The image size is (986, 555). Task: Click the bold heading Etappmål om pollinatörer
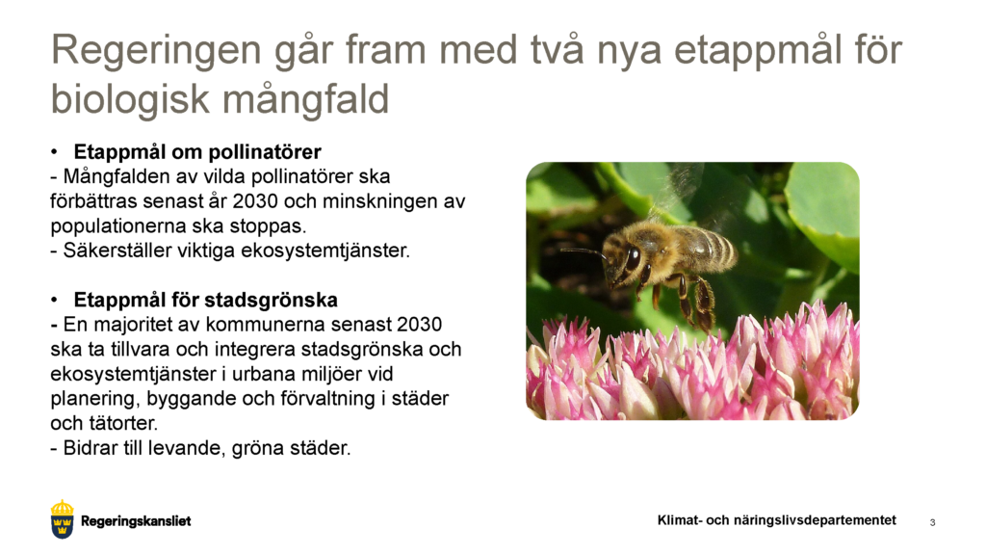[197, 152]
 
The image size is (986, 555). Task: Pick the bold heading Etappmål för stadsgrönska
[205, 300]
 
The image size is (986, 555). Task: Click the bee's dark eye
[633, 257]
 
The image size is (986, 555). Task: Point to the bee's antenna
[584, 252]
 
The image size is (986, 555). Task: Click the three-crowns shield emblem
[63, 519]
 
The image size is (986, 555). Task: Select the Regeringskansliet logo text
[136, 521]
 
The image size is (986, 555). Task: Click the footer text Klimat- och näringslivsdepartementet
[776, 520]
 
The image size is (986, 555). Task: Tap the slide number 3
[932, 522]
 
